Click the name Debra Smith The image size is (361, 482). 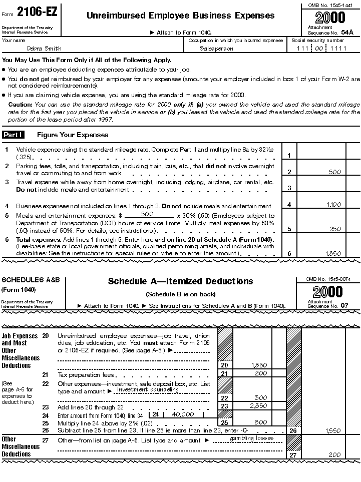45,49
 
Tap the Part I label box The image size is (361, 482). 17,135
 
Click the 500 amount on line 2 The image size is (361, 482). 335,172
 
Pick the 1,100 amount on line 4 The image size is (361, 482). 333,205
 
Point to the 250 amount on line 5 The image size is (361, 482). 335,229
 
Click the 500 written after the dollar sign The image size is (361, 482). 147,214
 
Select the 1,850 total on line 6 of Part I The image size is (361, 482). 333,254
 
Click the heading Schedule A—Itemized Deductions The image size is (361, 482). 181,281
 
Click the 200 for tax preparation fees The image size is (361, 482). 260,373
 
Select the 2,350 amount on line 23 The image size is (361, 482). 258,406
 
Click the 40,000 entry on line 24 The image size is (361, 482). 183,414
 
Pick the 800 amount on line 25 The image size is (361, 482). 260,422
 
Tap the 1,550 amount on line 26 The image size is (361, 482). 333,430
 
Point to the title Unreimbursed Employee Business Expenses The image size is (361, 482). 180,16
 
